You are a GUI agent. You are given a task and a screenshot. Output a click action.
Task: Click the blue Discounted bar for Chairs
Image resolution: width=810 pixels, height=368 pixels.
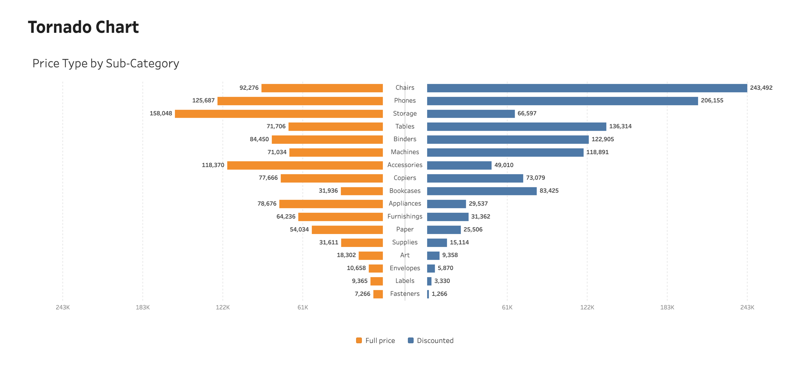[x=587, y=88]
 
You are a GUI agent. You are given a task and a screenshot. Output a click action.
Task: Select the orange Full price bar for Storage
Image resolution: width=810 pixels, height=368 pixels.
[x=279, y=114]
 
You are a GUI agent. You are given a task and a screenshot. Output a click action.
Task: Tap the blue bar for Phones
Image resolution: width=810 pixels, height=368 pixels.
[x=563, y=101]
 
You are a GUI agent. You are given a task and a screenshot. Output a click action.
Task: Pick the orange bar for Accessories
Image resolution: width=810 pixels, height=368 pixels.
[x=305, y=165]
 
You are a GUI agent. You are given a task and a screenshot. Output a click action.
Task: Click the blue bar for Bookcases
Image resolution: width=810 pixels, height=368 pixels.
[x=482, y=191]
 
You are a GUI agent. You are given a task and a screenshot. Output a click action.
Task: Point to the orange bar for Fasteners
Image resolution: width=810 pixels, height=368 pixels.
[x=378, y=294]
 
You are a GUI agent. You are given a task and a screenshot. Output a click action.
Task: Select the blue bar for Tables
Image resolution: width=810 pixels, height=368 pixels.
[x=517, y=127]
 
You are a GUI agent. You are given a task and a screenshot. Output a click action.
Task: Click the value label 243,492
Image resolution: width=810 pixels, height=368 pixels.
[x=761, y=88]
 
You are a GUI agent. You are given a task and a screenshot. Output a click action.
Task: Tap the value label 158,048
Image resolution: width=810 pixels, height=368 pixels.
[x=161, y=113]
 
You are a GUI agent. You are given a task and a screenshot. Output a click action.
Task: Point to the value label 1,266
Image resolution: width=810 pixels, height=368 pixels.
[x=439, y=294]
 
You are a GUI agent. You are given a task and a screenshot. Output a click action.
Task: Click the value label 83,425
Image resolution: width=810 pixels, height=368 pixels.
[x=549, y=191]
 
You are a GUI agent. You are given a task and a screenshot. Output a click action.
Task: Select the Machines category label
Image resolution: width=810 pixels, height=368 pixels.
[x=405, y=152]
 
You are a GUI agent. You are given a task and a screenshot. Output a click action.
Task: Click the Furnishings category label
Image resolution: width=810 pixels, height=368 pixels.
[x=405, y=216]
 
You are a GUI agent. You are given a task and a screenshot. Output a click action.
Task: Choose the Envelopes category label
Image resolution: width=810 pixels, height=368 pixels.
[x=405, y=268]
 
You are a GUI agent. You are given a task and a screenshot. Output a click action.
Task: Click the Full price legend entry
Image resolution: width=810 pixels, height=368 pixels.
[x=376, y=341]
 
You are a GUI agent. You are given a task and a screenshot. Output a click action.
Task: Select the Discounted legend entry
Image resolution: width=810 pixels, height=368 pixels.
[x=431, y=341]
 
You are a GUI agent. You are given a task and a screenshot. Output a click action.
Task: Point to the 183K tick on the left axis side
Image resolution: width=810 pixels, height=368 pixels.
[x=143, y=307]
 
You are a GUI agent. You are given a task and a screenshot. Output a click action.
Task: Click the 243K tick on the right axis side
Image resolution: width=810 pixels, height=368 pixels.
[x=747, y=307]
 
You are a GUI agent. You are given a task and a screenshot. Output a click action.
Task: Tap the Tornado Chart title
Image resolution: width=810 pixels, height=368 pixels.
[x=84, y=27]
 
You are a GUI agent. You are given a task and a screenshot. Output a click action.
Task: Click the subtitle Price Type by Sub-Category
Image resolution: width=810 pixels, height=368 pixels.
[x=106, y=64]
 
